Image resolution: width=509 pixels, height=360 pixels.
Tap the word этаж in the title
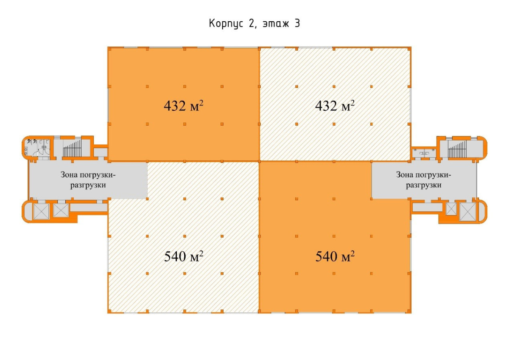pyautogui.click(x=276, y=24)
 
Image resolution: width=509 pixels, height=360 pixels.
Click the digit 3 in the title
pyautogui.click(x=297, y=23)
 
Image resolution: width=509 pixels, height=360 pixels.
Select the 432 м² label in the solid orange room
pyautogui.click(x=183, y=106)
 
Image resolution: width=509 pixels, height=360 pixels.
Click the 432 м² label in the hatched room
pyautogui.click(x=335, y=106)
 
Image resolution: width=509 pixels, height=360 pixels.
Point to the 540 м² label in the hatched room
pyautogui.click(x=183, y=256)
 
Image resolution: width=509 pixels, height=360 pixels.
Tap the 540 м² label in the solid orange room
pyautogui.click(x=335, y=256)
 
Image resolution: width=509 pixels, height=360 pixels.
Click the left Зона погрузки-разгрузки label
pyautogui.click(x=88, y=180)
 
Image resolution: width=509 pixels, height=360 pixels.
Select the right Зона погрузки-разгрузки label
pyautogui.click(x=424, y=180)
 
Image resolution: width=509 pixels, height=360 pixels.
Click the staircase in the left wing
pyautogui.click(x=72, y=148)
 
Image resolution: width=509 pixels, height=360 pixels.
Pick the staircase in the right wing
pyautogui.click(x=457, y=149)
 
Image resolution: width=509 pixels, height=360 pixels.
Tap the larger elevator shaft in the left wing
pyautogui.click(x=41, y=211)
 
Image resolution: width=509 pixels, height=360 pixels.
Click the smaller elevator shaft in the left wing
pyautogui.click(x=61, y=210)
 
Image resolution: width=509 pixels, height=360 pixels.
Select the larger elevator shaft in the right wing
pyautogui.click(x=467, y=212)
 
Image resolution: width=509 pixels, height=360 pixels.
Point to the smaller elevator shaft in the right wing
pyautogui.click(x=451, y=209)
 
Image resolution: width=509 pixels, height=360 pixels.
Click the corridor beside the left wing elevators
pyautogui.click(x=89, y=207)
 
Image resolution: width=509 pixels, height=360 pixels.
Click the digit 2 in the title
pyautogui.click(x=251, y=23)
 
